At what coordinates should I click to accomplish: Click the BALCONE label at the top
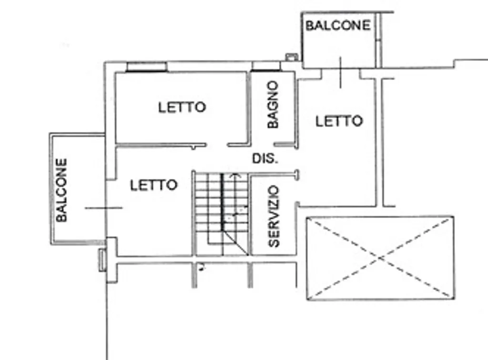(338, 25)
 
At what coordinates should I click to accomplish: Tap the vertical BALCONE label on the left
(61, 190)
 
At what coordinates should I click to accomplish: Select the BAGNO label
(273, 104)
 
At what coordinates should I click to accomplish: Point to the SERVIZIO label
(274, 216)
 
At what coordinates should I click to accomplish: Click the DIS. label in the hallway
(265, 159)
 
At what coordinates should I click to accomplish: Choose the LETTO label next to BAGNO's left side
(182, 107)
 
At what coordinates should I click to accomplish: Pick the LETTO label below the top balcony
(339, 121)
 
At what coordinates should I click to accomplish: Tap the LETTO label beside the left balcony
(154, 185)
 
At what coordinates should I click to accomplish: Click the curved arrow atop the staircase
(235, 176)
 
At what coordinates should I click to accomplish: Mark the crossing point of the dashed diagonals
(380, 258)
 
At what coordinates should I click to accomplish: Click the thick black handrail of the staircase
(222, 202)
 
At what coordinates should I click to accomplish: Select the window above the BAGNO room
(265, 67)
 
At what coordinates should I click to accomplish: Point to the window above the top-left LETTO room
(146, 67)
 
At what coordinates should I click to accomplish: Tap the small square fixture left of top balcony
(292, 57)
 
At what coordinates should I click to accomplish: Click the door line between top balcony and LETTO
(340, 72)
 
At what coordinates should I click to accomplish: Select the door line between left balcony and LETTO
(103, 208)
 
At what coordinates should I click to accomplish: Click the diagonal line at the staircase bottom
(236, 243)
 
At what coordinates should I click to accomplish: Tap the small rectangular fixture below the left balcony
(102, 260)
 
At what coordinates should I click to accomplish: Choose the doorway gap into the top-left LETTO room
(217, 145)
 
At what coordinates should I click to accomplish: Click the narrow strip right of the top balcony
(378, 40)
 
